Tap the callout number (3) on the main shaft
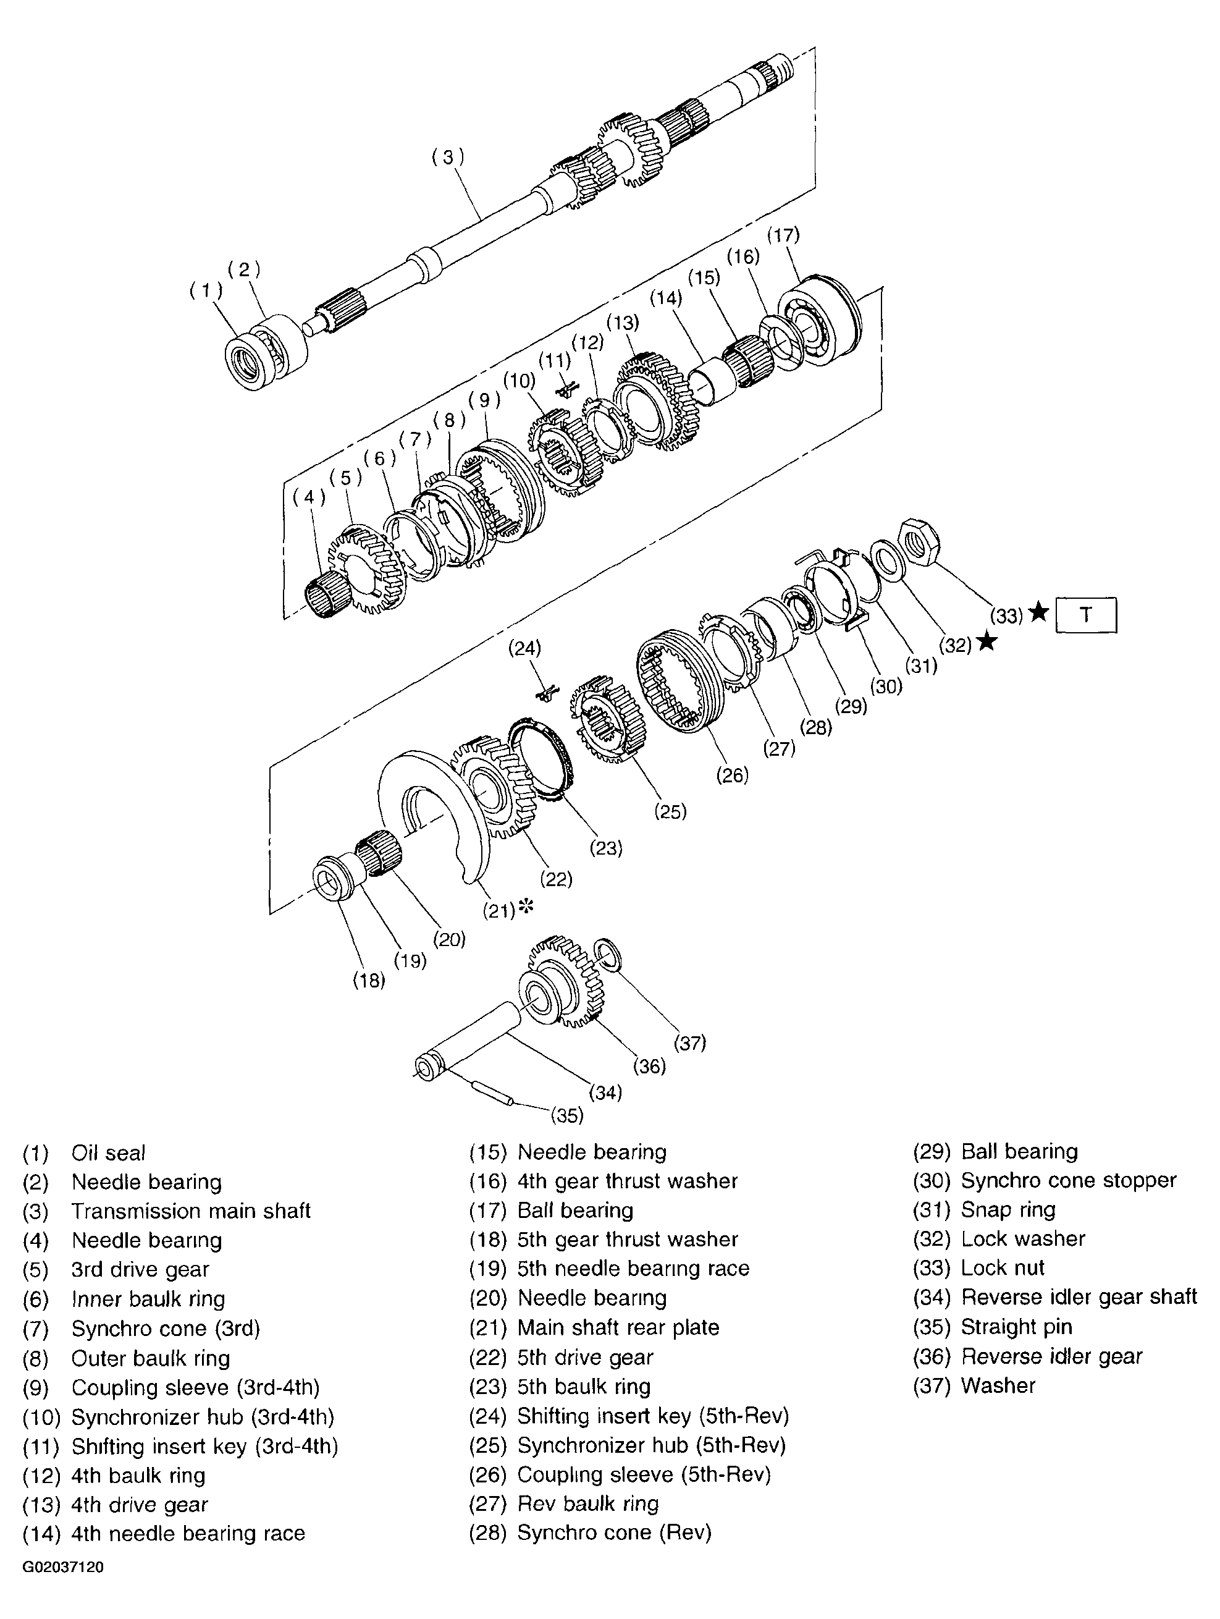pyautogui.click(x=448, y=158)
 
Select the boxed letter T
pyautogui.click(x=1086, y=615)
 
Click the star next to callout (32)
pyautogui.click(x=987, y=642)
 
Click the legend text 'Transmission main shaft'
pyautogui.click(x=190, y=1211)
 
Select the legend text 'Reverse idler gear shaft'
pyautogui.click(x=1078, y=1297)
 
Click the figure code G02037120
pyautogui.click(x=63, y=1567)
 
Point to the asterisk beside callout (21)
pyautogui.click(x=526, y=908)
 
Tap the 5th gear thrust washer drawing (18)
pyautogui.click(x=333, y=882)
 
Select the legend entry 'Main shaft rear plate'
pyautogui.click(x=618, y=1327)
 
